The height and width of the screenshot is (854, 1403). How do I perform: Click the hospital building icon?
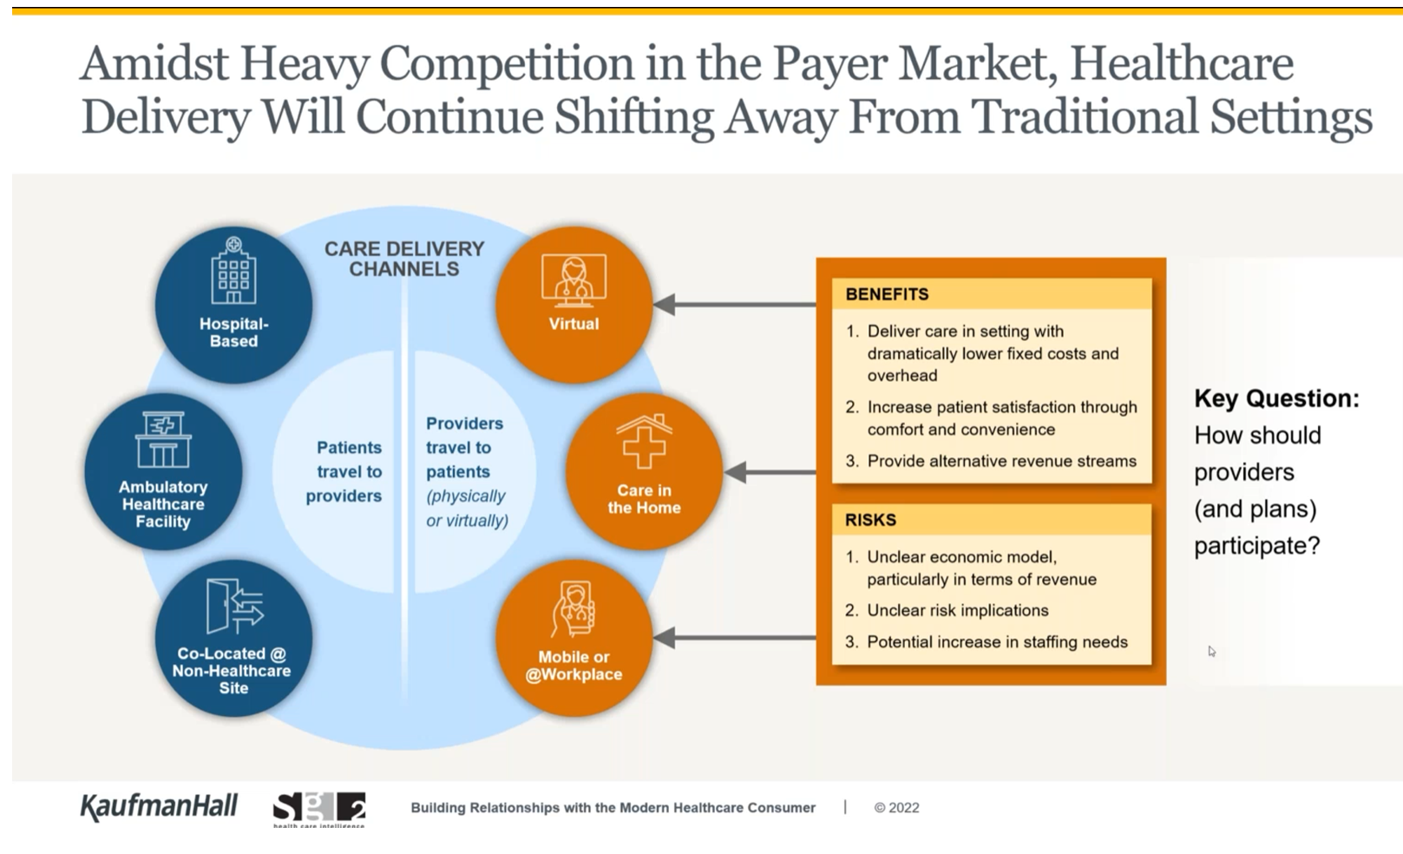(233, 270)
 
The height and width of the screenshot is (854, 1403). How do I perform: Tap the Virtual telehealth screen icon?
(574, 280)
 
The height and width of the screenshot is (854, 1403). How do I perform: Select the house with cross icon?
(644, 441)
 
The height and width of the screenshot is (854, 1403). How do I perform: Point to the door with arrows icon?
(235, 606)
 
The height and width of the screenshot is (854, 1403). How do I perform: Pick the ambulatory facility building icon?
(163, 440)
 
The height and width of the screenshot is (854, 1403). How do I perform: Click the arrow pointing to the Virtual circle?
(735, 305)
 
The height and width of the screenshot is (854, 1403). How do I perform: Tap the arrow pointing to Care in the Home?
(770, 472)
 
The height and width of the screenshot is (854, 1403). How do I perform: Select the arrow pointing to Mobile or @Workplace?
(735, 638)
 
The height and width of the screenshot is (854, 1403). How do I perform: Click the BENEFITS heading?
(887, 294)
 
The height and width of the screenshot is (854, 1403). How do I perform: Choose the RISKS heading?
(870, 520)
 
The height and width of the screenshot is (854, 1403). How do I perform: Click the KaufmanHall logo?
(159, 807)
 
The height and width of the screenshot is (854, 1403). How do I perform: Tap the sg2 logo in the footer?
(319, 809)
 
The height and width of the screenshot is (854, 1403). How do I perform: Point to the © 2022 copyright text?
(897, 808)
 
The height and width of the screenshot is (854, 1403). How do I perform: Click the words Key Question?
(1276, 399)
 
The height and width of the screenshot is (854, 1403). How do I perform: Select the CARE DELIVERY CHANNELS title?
(404, 259)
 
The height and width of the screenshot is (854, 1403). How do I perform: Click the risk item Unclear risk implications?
(958, 611)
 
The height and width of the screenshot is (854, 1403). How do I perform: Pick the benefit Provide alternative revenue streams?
(1001, 462)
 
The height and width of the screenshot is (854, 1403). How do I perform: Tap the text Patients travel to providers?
(344, 472)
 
